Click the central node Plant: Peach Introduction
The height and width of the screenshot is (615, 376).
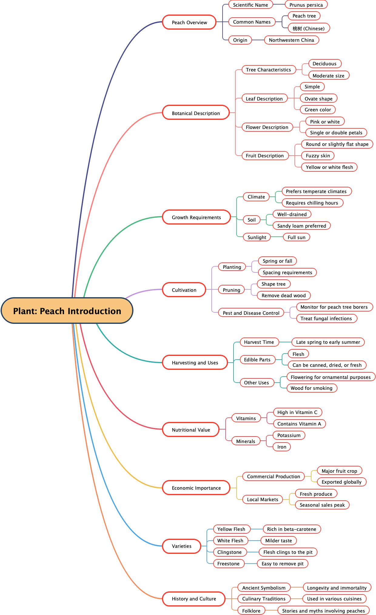point(67,311)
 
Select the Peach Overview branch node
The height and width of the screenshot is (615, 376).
point(189,22)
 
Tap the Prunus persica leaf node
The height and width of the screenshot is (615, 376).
point(306,5)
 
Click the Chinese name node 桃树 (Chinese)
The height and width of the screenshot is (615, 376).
point(308,28)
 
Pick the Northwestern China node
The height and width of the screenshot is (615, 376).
point(291,40)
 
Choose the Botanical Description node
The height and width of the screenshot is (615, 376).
point(196,113)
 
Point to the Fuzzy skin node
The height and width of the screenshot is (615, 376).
point(318,156)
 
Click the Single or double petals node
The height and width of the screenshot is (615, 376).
point(336,133)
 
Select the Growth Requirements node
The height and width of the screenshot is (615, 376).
point(196,217)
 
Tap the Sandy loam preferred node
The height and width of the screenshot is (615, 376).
point(301,226)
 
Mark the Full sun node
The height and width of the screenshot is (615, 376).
point(296,237)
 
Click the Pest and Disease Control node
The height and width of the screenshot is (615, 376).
point(251,313)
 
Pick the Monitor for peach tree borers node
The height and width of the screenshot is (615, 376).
point(334,307)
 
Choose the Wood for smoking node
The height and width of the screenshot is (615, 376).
point(311,388)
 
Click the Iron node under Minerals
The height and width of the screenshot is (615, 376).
point(282,447)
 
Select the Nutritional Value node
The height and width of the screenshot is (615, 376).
point(191,430)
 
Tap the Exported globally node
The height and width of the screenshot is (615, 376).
point(341,482)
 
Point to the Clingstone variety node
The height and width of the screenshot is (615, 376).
point(230,552)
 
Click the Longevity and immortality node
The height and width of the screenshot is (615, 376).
point(337,588)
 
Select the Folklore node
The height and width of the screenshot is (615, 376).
point(251,611)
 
